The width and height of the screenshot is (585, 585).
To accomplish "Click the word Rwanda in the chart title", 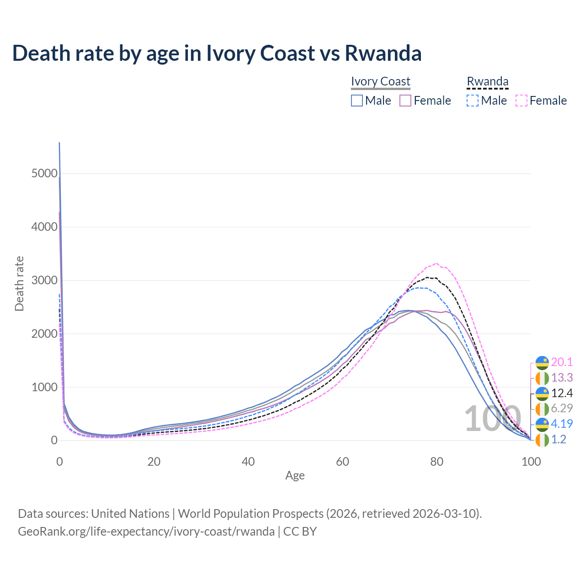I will point(383,53).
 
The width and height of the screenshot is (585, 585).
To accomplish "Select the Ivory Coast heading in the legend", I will point(380,81).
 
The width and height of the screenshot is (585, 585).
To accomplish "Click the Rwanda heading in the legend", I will point(487,81).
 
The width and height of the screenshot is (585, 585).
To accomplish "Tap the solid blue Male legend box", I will point(357,101).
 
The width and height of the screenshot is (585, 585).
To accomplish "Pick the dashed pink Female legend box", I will point(521,101).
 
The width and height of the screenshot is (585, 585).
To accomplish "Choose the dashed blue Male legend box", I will point(473,101).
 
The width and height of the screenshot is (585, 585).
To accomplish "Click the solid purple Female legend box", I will point(406,101).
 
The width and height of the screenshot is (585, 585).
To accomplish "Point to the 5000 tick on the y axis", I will point(44,174).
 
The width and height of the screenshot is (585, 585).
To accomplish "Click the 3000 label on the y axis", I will point(44,280).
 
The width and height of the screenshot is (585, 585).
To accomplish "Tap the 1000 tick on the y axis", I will point(44,387).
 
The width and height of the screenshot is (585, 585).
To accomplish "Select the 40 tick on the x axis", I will point(248,462).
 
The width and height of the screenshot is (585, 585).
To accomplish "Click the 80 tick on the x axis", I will point(437,462).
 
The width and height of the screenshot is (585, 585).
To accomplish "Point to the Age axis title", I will point(295,476).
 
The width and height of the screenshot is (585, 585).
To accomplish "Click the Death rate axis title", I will point(19,284).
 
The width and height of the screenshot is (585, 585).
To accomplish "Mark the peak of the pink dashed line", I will point(437,263).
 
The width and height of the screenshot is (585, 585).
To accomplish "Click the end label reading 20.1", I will point(562,362).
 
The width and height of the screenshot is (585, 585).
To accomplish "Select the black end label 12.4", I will point(562,393).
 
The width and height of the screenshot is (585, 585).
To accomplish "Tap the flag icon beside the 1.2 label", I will point(542,440).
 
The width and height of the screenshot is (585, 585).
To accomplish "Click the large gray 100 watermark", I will point(492,419).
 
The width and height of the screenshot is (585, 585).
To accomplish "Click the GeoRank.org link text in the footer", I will point(146,532).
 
